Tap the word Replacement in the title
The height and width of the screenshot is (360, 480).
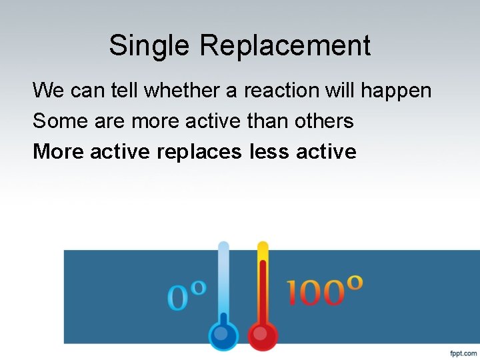[x=285, y=46]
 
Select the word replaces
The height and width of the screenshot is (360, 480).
[x=199, y=152]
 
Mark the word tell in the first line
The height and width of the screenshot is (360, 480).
[x=127, y=89]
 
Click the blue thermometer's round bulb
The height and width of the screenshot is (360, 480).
[x=223, y=334]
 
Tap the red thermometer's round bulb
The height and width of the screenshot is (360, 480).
[x=263, y=334]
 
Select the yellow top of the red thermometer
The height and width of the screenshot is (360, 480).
[x=263, y=251]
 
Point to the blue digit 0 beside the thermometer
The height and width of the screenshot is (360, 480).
[x=178, y=297]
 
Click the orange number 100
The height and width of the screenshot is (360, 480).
[x=315, y=293]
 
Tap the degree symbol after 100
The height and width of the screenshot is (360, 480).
[x=355, y=281]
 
